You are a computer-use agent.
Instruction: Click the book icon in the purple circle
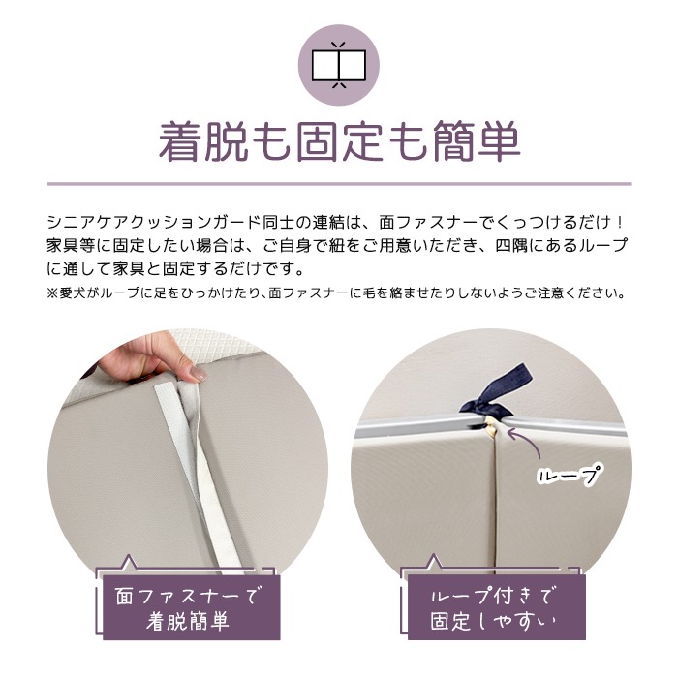339,65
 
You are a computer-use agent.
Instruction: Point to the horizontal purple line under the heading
339,184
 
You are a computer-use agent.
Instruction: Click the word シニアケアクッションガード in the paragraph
154,222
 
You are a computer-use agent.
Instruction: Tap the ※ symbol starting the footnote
52,293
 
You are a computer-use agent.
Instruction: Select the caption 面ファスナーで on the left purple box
190,595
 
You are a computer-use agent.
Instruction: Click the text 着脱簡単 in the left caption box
188,621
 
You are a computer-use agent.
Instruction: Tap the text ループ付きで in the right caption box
493,596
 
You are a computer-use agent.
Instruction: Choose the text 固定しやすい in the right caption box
493,621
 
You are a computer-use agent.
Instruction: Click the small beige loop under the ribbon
490,427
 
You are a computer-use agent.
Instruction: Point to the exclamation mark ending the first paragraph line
620,222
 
